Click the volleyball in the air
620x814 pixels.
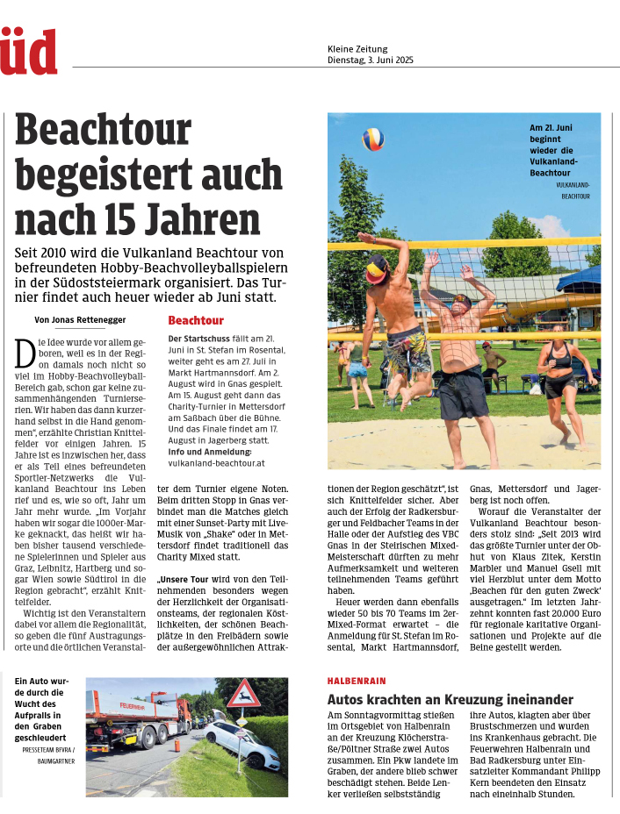tap(373, 139)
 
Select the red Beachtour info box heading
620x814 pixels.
tap(196, 321)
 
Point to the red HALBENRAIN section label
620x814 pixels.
tap(357, 681)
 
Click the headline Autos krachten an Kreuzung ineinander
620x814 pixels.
tap(450, 699)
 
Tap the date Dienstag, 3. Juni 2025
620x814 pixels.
tap(370, 61)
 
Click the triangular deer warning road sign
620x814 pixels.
tap(242, 694)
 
